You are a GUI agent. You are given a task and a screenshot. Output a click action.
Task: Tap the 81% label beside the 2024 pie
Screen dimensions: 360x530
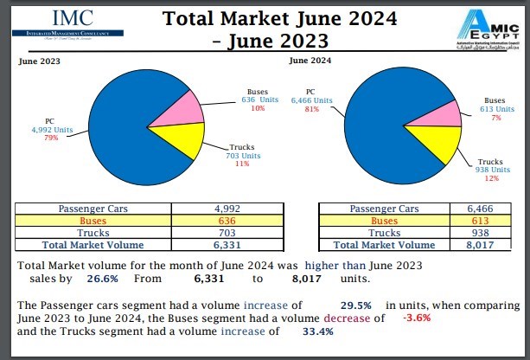click(x=312, y=109)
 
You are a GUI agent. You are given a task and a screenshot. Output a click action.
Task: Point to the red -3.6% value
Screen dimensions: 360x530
click(x=416, y=318)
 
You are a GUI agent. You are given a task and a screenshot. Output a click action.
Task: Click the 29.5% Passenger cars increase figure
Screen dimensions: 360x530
click(x=349, y=305)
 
